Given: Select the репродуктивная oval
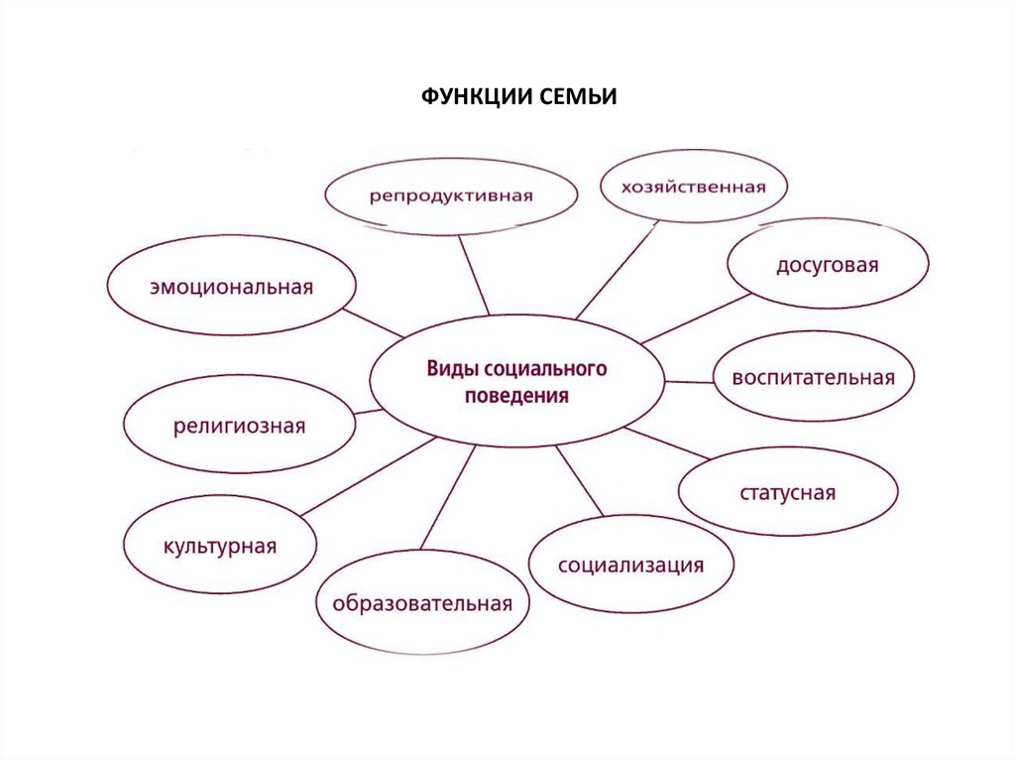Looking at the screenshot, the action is (451, 195).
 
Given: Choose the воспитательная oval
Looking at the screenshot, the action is (814, 378).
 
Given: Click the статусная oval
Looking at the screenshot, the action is (788, 493).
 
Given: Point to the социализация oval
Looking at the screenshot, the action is (630, 566).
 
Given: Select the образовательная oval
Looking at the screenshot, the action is (422, 603).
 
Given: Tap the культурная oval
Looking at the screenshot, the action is (219, 546).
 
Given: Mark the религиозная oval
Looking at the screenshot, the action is (239, 427).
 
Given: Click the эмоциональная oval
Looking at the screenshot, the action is (231, 288).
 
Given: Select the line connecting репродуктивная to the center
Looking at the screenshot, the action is (473, 275).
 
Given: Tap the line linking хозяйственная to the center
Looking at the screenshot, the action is (617, 270).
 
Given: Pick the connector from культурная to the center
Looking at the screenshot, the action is (367, 476).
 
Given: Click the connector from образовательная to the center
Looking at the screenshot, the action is (447, 496).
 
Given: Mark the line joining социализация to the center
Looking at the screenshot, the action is (580, 481).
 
